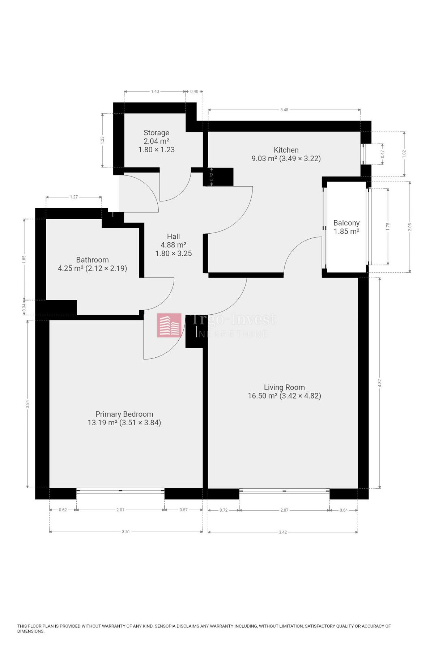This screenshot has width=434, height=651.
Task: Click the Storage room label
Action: [156, 133]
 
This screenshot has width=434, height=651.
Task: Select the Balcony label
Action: [346, 223]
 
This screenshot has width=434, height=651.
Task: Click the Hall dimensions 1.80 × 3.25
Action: [173, 254]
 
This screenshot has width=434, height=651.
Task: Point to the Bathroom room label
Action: [92, 260]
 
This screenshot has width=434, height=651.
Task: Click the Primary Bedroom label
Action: [124, 414]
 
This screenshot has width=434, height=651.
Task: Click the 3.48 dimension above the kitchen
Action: [284, 110]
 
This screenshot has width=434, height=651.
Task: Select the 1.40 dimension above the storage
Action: [155, 92]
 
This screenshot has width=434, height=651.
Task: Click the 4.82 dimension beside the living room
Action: [379, 383]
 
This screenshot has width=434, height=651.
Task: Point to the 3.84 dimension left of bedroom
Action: [27, 404]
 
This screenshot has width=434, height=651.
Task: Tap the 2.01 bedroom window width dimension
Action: [120, 510]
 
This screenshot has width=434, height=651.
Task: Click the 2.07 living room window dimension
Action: [284, 510]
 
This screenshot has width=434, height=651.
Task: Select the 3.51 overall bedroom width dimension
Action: [125, 532]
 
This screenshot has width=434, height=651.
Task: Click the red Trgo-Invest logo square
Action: [169, 325]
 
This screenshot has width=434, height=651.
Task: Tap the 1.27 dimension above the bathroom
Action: [74, 197]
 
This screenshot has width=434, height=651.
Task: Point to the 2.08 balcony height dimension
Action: [410, 227]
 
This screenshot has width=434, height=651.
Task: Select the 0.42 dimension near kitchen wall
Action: [212, 177]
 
